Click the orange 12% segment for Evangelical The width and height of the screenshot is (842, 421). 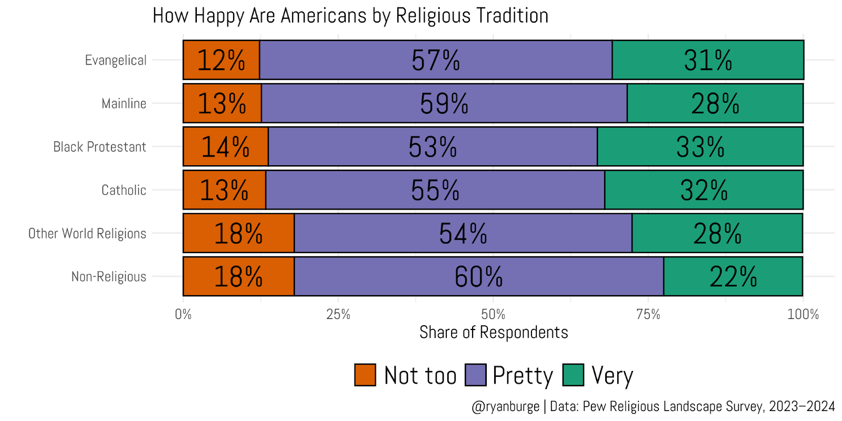(221, 60)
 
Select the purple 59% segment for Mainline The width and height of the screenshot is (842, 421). (444, 103)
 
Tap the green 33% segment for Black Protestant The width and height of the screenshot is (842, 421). (700, 146)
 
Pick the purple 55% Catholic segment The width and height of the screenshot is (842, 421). (435, 189)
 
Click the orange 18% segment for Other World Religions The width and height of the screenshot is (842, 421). (238, 233)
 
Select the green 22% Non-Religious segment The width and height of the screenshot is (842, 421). (733, 276)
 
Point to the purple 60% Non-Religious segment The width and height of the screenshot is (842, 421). (478, 276)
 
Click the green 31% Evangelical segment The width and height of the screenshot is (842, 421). (708, 60)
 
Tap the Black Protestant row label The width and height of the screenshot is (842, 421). (99, 147)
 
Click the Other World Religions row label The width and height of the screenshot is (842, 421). (87, 233)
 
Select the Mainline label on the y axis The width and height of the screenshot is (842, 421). (124, 104)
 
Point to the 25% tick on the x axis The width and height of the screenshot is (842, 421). (338, 315)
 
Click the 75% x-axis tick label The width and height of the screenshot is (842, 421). (648, 315)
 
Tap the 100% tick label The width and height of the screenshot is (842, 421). (803, 315)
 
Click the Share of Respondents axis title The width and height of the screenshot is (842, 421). (494, 333)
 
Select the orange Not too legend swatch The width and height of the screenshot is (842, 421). (365, 375)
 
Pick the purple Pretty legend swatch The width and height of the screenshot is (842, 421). (475, 375)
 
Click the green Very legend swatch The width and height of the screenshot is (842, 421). (573, 375)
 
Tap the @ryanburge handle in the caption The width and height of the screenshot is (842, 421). (505, 407)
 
